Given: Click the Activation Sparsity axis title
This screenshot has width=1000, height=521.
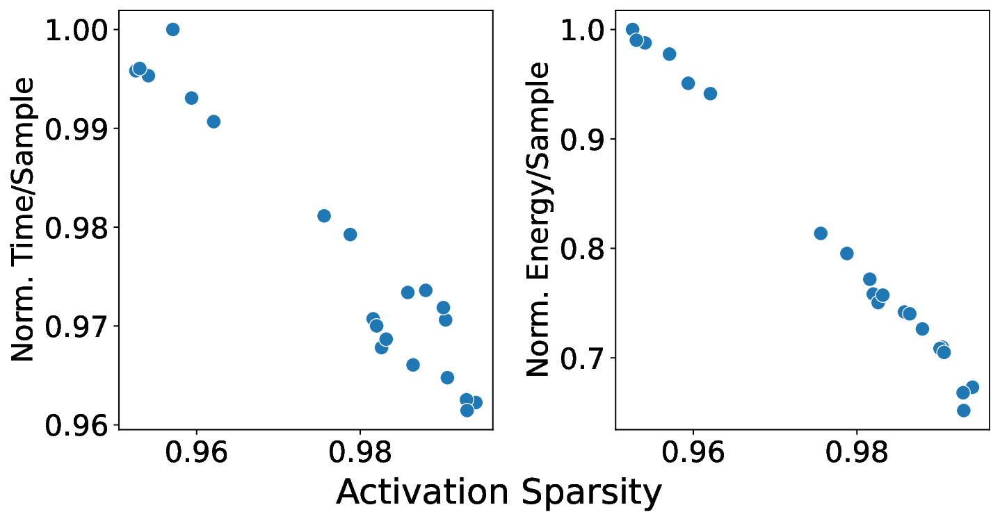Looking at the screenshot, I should (499, 493).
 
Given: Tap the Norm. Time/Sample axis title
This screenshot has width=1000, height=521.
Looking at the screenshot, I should (24, 219).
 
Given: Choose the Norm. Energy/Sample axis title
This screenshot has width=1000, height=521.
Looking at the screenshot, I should (538, 219).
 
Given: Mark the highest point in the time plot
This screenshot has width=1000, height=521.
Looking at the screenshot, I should (172, 29).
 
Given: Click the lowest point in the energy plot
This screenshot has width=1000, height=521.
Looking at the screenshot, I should (963, 411).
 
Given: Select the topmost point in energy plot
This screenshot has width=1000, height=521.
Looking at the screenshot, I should (632, 30).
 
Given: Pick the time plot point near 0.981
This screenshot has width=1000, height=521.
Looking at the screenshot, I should (323, 216).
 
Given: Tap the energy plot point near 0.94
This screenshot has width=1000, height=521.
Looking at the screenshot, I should (710, 94).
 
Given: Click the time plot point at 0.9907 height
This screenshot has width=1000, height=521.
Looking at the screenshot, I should (213, 122).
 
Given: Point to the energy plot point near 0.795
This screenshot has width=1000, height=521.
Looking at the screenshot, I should (846, 254).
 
